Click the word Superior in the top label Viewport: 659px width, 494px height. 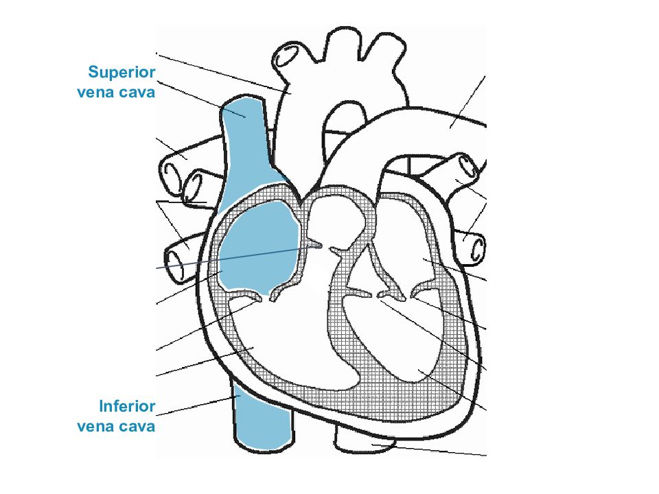122,73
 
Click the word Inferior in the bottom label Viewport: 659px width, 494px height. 127,406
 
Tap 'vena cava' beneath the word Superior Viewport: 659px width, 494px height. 116,92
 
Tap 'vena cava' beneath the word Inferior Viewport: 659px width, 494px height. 116,426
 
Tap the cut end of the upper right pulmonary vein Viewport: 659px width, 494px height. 468,166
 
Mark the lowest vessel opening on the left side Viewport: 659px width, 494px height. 175,265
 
